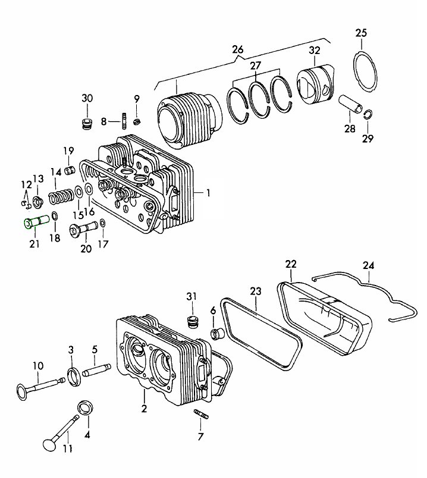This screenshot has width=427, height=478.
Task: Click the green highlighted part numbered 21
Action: (x=35, y=223)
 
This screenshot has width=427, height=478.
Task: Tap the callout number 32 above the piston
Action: (x=315, y=51)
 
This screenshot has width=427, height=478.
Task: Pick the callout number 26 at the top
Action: (x=238, y=50)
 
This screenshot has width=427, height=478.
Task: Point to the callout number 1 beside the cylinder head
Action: (x=209, y=192)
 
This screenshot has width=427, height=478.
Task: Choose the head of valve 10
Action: (x=22, y=391)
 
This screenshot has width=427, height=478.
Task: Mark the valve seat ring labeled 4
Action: (x=86, y=408)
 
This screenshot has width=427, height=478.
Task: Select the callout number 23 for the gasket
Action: (x=255, y=292)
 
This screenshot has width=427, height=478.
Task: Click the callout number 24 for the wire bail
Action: (x=369, y=265)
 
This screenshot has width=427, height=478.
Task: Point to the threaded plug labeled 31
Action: (x=191, y=322)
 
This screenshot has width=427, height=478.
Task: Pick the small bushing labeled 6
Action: (x=218, y=333)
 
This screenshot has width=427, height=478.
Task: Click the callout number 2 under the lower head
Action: (x=143, y=408)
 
